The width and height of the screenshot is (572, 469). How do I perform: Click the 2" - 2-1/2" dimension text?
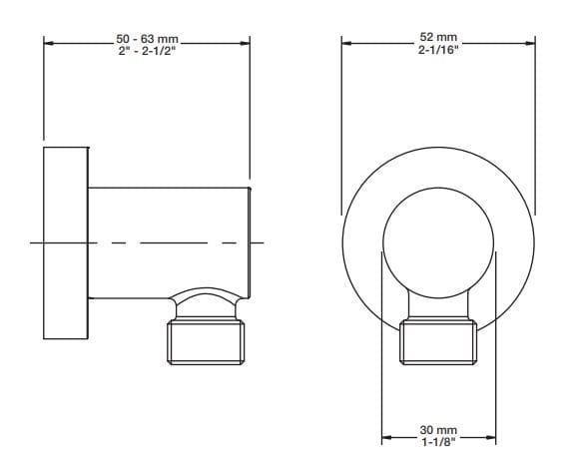[147, 52]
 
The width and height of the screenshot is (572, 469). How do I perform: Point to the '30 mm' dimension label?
[439, 431]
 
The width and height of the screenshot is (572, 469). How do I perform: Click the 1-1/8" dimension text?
[439, 443]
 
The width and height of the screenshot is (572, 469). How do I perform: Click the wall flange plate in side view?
[66, 242]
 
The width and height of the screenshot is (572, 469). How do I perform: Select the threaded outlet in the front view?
[439, 341]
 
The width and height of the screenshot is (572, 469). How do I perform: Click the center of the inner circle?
[439, 242]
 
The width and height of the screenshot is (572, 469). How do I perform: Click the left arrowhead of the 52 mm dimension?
[346, 43]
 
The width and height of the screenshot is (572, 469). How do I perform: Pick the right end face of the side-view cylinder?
[249, 242]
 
